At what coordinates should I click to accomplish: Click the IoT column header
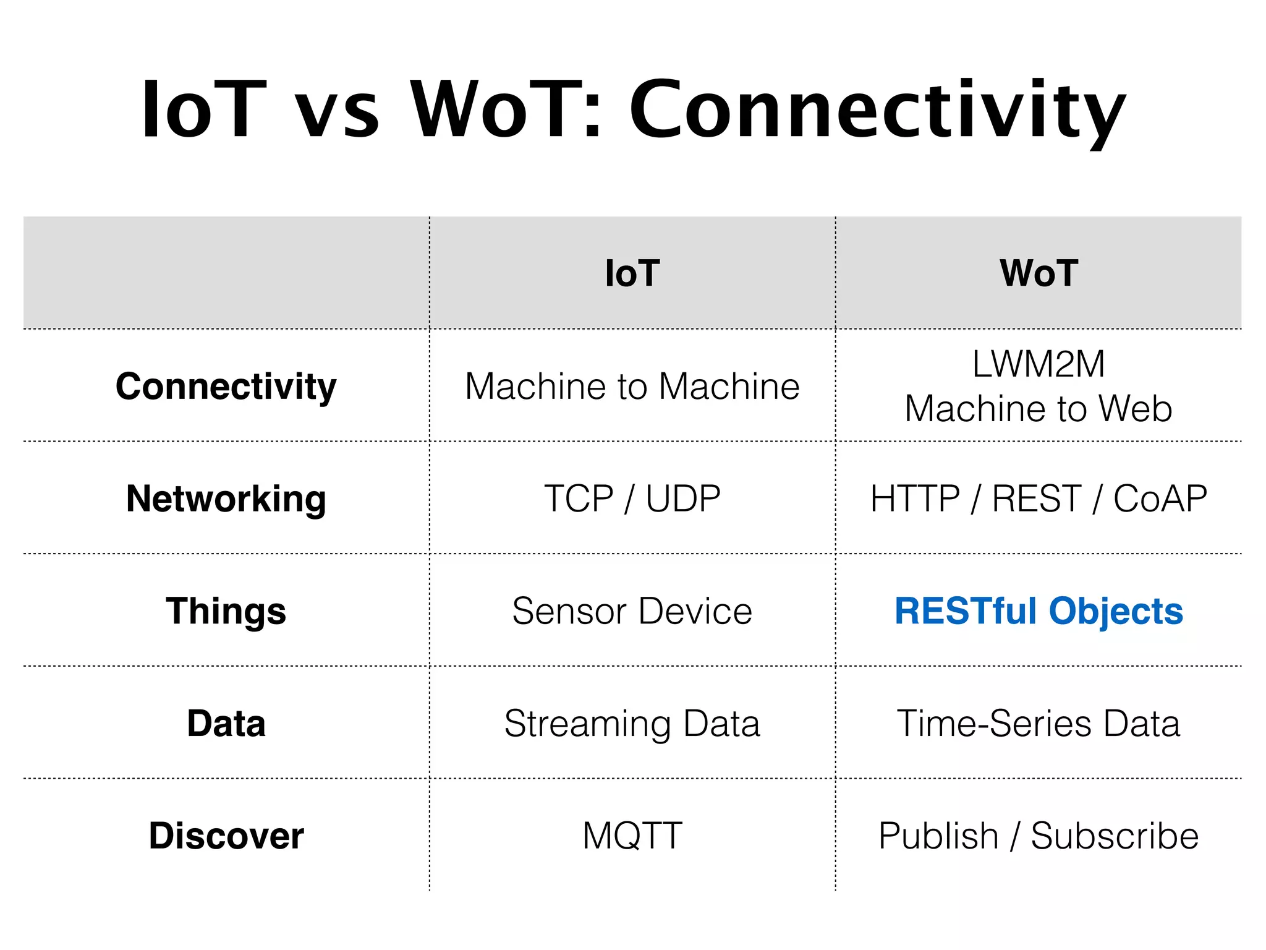click(632, 273)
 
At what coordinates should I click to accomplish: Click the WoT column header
click(1039, 273)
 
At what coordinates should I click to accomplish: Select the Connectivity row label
click(226, 387)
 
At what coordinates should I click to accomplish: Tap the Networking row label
click(226, 499)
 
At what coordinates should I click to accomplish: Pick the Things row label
click(226, 611)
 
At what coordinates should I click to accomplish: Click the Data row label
click(226, 724)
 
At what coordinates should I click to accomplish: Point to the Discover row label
click(226, 836)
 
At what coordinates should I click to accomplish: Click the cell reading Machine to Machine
click(632, 387)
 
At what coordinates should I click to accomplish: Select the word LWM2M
click(1039, 364)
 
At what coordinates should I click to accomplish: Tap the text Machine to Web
click(1039, 409)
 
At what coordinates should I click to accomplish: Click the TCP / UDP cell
click(632, 499)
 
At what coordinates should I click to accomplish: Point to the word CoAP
click(1160, 499)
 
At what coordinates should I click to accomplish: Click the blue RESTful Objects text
click(1039, 611)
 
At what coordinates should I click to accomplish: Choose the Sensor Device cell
click(632, 611)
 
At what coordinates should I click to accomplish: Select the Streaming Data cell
click(632, 724)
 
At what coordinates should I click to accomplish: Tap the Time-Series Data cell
click(1039, 724)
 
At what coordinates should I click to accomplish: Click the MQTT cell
click(632, 836)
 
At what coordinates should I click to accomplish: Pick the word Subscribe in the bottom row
click(1115, 836)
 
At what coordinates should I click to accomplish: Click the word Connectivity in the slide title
click(878, 111)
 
